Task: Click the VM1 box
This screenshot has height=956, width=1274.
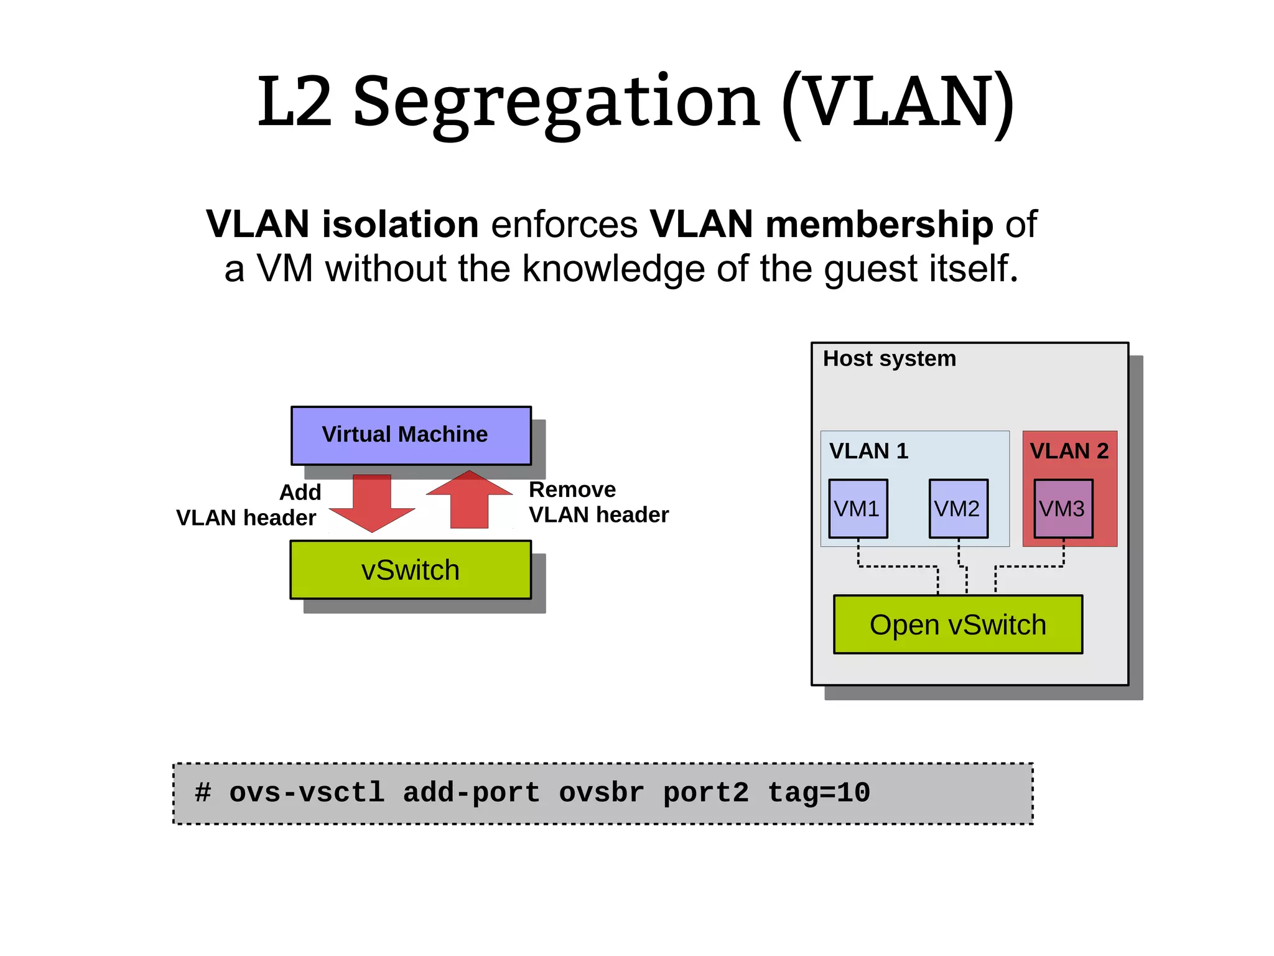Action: (858, 508)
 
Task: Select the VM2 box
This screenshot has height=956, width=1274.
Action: (958, 508)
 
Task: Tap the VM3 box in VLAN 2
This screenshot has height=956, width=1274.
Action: (1063, 508)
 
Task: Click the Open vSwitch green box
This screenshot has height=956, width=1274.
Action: (958, 624)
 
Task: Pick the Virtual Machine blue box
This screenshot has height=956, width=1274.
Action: (411, 435)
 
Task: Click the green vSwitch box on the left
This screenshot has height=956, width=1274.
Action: (411, 570)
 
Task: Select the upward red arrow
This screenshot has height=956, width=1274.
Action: (470, 500)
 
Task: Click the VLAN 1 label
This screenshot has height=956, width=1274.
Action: (868, 451)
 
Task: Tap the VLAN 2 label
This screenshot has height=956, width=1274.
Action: (1069, 451)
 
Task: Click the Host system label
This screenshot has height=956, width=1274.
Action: (889, 359)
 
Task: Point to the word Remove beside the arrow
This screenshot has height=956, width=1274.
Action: (572, 490)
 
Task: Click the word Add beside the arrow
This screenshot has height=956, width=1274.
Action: (300, 492)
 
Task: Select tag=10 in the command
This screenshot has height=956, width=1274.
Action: (819, 793)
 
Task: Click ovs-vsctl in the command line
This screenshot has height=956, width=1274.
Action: (307, 793)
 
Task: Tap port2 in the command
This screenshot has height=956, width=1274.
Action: (705, 793)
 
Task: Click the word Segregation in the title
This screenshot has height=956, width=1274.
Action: (556, 103)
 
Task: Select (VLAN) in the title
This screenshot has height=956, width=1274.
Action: (898, 103)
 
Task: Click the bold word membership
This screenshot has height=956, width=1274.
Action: (821, 224)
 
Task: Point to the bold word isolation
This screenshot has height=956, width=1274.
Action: (400, 224)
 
